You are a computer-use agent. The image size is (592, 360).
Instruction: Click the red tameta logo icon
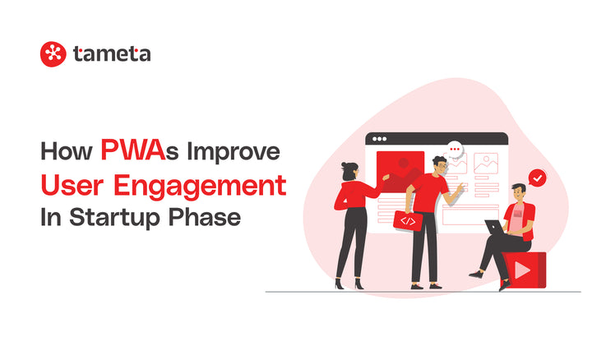tap(52, 54)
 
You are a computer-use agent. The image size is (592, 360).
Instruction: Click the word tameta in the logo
tap(112, 54)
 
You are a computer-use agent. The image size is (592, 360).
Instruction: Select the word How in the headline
tap(67, 152)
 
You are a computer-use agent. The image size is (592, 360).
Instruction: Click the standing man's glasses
tap(442, 167)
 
